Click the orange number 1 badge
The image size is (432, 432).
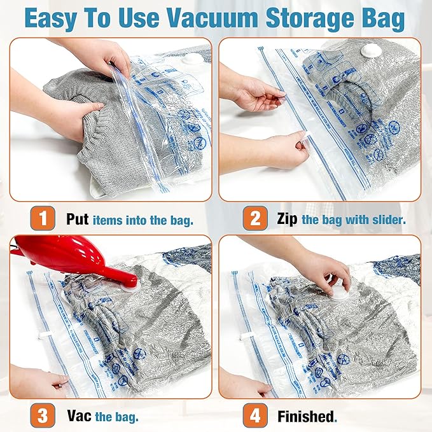(x=43, y=219)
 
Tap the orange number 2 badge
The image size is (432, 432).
(x=254, y=219)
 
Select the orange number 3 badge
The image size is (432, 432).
(x=43, y=417)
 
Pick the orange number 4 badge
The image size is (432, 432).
(x=254, y=417)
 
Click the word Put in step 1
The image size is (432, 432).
(x=78, y=219)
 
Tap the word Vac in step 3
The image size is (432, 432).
(x=79, y=417)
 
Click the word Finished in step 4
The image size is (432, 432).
(x=306, y=417)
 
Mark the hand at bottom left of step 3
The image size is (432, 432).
(x=38, y=382)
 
